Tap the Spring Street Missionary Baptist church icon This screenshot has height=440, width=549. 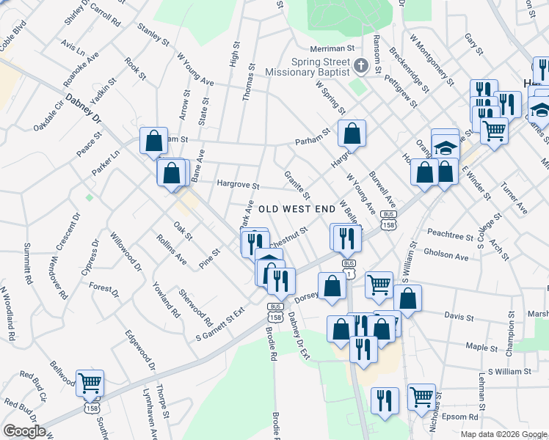tap(360, 66)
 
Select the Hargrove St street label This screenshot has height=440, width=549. tap(238, 186)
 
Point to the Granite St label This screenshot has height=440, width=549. tap(297, 184)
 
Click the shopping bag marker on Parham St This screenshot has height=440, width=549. tap(352, 133)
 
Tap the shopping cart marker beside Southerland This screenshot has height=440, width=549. tap(90, 382)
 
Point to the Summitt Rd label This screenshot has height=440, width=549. tap(28, 263)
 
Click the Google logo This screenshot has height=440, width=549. tap(24, 431)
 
